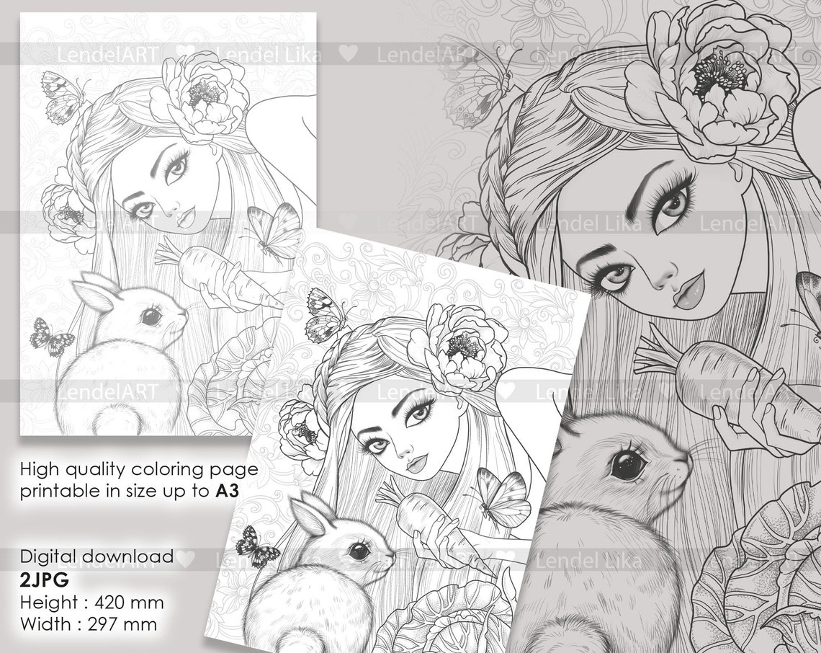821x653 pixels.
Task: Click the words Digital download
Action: point(97,556)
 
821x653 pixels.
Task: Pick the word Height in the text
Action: point(48,601)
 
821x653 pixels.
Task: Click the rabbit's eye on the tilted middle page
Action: point(359,551)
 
